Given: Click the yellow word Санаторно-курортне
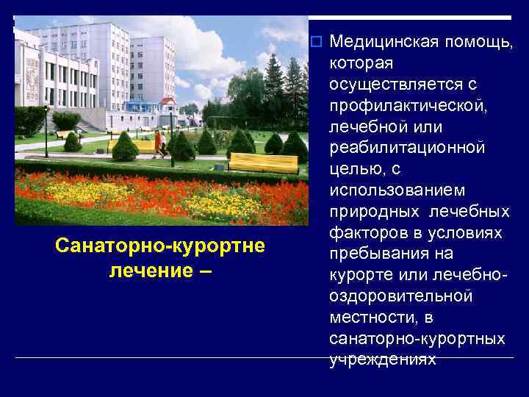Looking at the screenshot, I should click(x=159, y=245).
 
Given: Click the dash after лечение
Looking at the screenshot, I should click(x=204, y=270).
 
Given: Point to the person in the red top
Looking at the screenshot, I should click(x=157, y=142).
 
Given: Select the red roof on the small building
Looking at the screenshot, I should click(x=168, y=101).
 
